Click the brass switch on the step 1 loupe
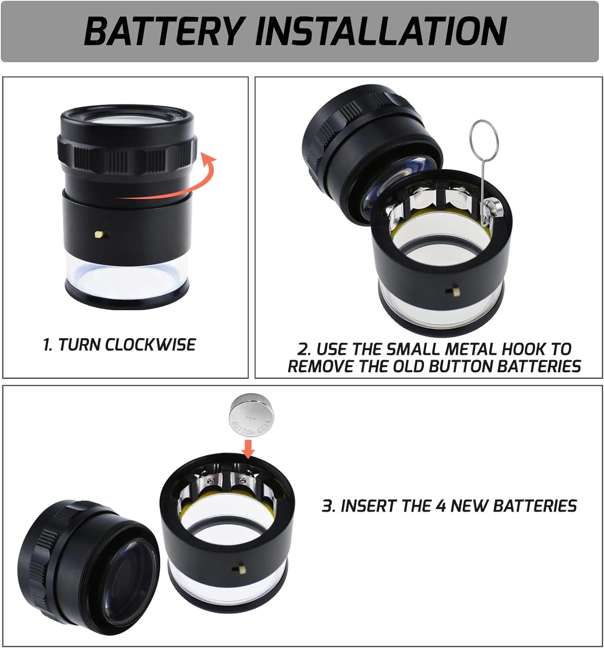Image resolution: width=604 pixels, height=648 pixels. coord(100,235)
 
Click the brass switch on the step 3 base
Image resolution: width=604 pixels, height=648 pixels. coord(235,569)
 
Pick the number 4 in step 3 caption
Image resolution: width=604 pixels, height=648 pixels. coord(440,506)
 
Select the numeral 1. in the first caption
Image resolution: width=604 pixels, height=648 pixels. coord(48,345)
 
